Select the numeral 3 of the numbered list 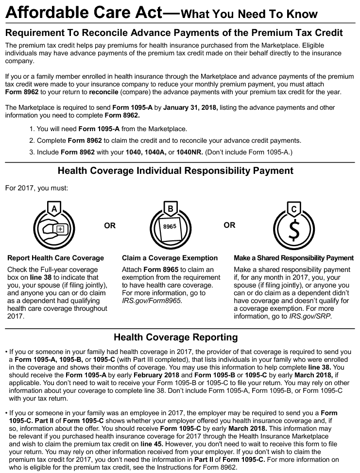coord(32,152)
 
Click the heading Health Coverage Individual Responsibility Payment coord(175,171)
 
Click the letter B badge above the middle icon coord(170,208)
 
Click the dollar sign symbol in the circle coord(293,230)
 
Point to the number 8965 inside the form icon coord(170,227)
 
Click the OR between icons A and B coord(110,226)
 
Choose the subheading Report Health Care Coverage coord(55,258)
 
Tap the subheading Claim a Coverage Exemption coord(170,258)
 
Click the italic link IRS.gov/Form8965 coord(151,301)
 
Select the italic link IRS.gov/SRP coord(314,316)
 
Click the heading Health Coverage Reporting coord(175,337)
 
